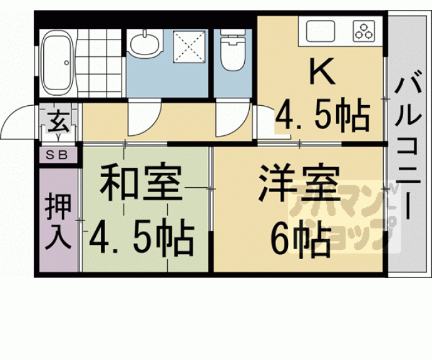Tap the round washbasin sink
[x=145, y=44]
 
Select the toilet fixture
[x=233, y=49]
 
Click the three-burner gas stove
[x=364, y=31]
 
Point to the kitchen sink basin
[x=320, y=31]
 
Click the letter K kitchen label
[x=323, y=71]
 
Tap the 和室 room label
[x=140, y=182]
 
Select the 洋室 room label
[x=299, y=182]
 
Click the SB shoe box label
[x=56, y=155]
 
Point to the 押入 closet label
[x=58, y=221]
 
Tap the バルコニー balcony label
[x=408, y=145]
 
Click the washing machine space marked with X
[x=189, y=46]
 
